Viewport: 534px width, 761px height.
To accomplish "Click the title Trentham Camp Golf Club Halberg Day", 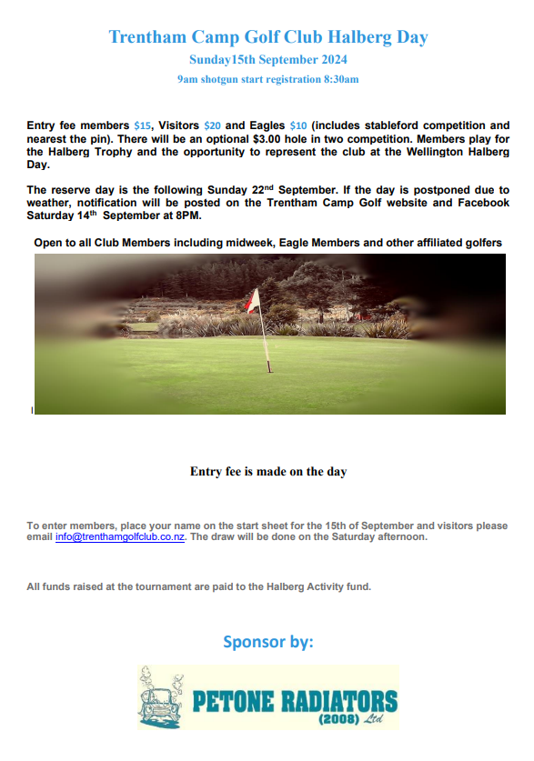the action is click(267, 37).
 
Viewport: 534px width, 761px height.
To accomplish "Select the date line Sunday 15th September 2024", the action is click(267, 60).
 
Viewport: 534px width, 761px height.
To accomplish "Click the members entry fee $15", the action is click(142, 125).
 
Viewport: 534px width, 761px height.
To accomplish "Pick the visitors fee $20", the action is click(213, 125).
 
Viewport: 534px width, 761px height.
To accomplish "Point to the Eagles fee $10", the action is click(298, 125).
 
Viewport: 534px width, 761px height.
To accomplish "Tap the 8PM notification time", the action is click(186, 215).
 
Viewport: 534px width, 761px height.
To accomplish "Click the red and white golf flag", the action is click(254, 301).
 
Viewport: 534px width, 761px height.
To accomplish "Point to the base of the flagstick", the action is click(268, 369).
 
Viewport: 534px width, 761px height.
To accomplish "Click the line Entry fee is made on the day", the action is click(267, 472).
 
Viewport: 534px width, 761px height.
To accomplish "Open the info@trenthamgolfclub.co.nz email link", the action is click(120, 537).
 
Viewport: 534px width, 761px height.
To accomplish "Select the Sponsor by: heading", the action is click(267, 642).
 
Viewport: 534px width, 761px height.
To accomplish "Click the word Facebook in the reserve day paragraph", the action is click(477, 202).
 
